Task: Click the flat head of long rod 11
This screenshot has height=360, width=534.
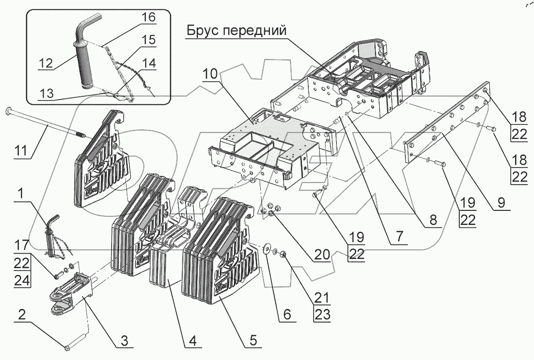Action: (10, 111)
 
